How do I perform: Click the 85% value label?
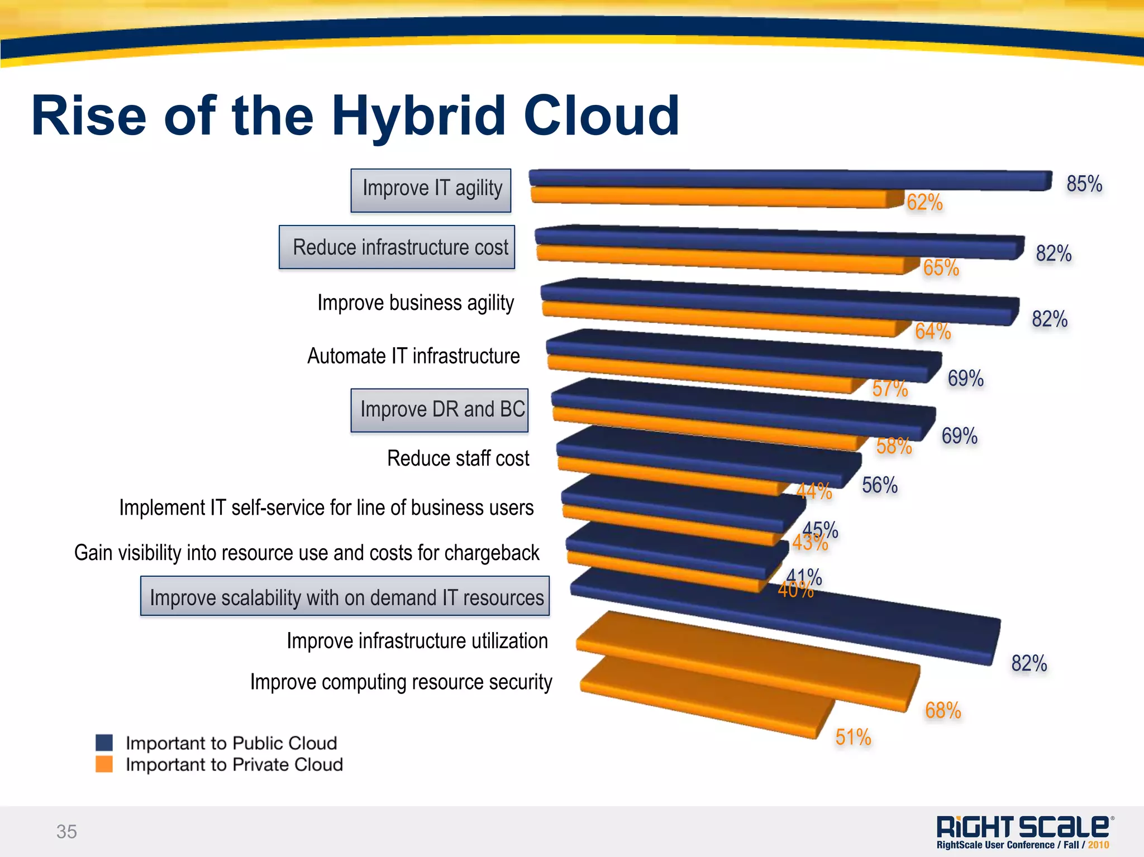click(x=1084, y=184)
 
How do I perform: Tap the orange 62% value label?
click(x=924, y=202)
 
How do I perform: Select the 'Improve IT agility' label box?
click(x=431, y=190)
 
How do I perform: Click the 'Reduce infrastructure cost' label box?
click(x=397, y=247)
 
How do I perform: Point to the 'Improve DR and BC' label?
click(x=440, y=410)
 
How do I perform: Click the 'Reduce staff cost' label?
click(x=458, y=458)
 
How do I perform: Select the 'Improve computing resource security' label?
click(x=401, y=682)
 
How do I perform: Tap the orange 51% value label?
click(x=853, y=737)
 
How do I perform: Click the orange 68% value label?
click(x=943, y=710)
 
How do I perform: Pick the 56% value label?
click(x=879, y=485)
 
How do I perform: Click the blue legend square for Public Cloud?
click(x=104, y=743)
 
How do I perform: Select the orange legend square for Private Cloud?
click(x=104, y=764)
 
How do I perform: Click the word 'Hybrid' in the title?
click(x=419, y=116)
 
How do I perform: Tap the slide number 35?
click(x=66, y=831)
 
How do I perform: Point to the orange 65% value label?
click(x=941, y=267)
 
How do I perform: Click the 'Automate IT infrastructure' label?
click(x=413, y=356)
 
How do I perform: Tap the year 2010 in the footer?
click(x=1098, y=845)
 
